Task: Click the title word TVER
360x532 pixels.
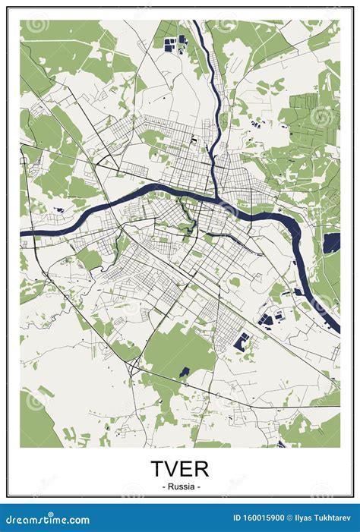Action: (179, 468)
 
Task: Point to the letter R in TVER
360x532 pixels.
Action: (202, 468)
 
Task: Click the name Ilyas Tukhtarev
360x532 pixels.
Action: (324, 519)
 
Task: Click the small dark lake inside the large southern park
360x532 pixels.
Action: (185, 373)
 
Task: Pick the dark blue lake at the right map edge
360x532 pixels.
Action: (331, 244)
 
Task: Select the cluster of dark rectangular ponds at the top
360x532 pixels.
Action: (172, 42)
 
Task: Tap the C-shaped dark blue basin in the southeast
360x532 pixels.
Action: (242, 342)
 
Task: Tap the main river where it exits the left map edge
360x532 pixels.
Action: (24, 231)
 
